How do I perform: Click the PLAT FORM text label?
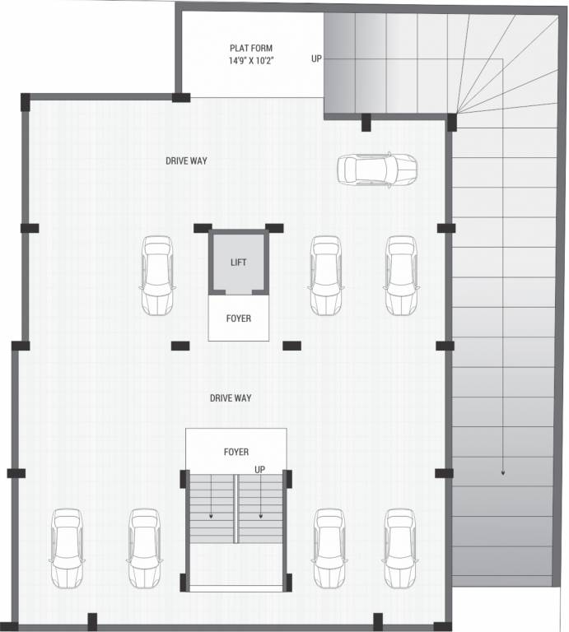click(x=250, y=48)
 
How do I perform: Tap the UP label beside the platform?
click(x=316, y=58)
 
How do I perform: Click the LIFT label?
click(x=238, y=263)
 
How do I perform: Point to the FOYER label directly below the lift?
click(x=238, y=318)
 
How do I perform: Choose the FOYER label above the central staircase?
click(x=236, y=452)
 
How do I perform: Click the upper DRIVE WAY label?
click(x=186, y=160)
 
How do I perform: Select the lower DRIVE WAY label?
click(x=231, y=398)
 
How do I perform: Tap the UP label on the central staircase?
click(x=260, y=469)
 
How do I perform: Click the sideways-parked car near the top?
click(x=376, y=170)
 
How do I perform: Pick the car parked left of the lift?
click(x=156, y=276)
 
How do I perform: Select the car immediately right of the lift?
click(x=326, y=276)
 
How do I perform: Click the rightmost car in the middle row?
click(x=401, y=276)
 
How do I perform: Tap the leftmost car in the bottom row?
click(x=67, y=547)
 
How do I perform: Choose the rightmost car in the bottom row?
click(x=399, y=547)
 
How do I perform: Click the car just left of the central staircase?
click(x=144, y=547)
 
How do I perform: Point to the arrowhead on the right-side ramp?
click(x=502, y=473)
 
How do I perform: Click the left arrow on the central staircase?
click(x=211, y=515)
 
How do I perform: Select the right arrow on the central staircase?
click(x=262, y=515)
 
